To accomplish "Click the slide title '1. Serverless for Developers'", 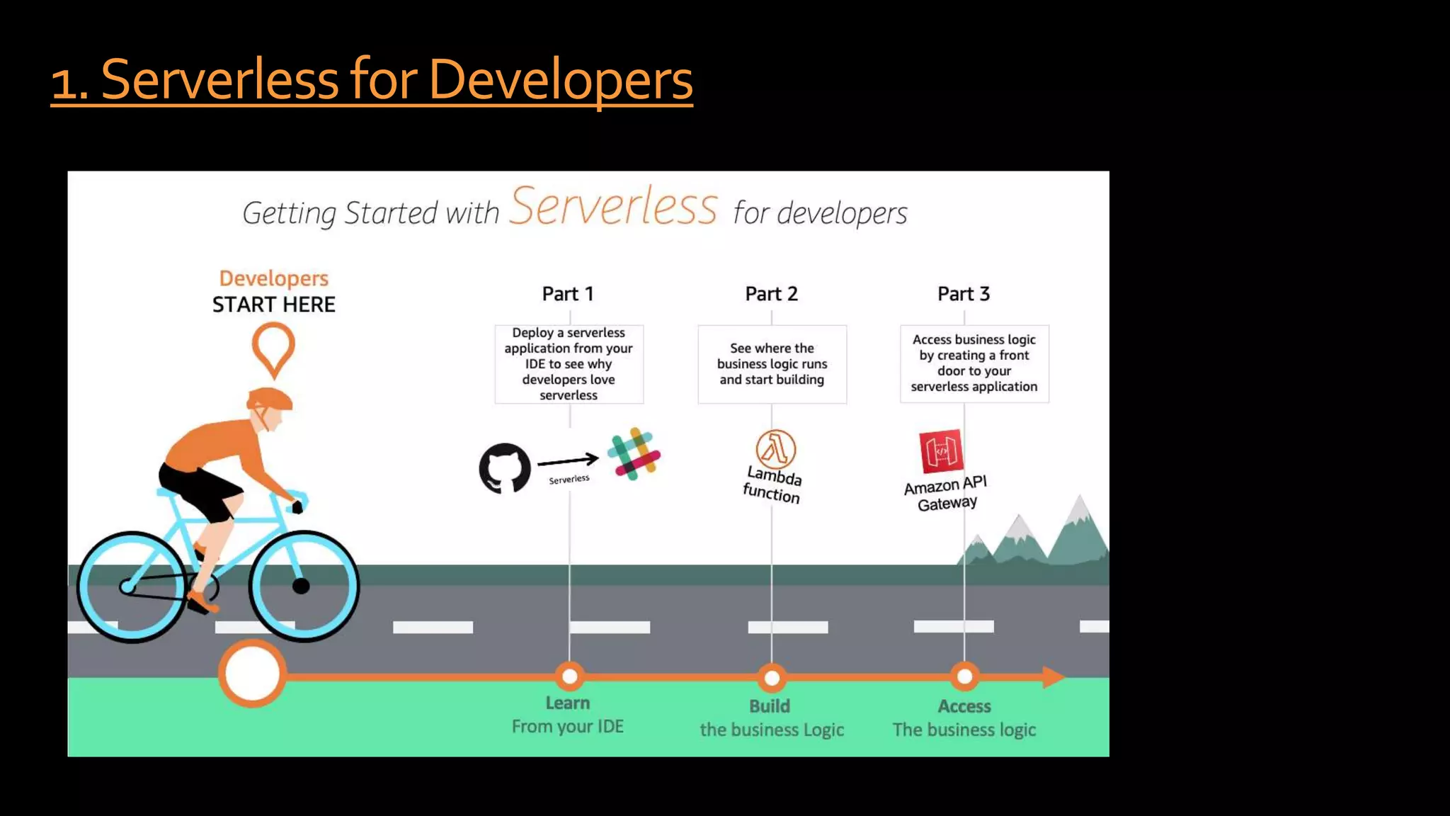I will click(x=372, y=79).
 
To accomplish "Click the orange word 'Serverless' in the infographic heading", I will click(x=613, y=206).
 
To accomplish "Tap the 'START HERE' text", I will click(x=274, y=305).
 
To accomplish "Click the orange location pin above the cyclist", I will click(x=273, y=347).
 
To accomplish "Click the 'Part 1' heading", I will click(x=568, y=294).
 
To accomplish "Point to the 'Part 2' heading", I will click(x=771, y=294).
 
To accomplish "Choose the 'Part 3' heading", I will click(x=964, y=294).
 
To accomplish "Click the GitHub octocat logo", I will click(x=505, y=467).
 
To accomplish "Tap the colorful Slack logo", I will click(x=634, y=454).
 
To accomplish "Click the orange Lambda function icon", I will click(x=775, y=449).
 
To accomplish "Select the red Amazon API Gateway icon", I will click(x=941, y=450).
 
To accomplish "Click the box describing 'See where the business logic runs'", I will click(x=772, y=364).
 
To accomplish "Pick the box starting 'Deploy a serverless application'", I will click(x=569, y=364).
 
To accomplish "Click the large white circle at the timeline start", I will click(x=252, y=673).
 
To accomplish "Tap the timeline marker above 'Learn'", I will click(x=569, y=676).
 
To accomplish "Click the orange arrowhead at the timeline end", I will click(x=1053, y=676).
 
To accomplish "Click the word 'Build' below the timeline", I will click(x=770, y=706).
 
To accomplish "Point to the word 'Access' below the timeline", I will click(x=964, y=706).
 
